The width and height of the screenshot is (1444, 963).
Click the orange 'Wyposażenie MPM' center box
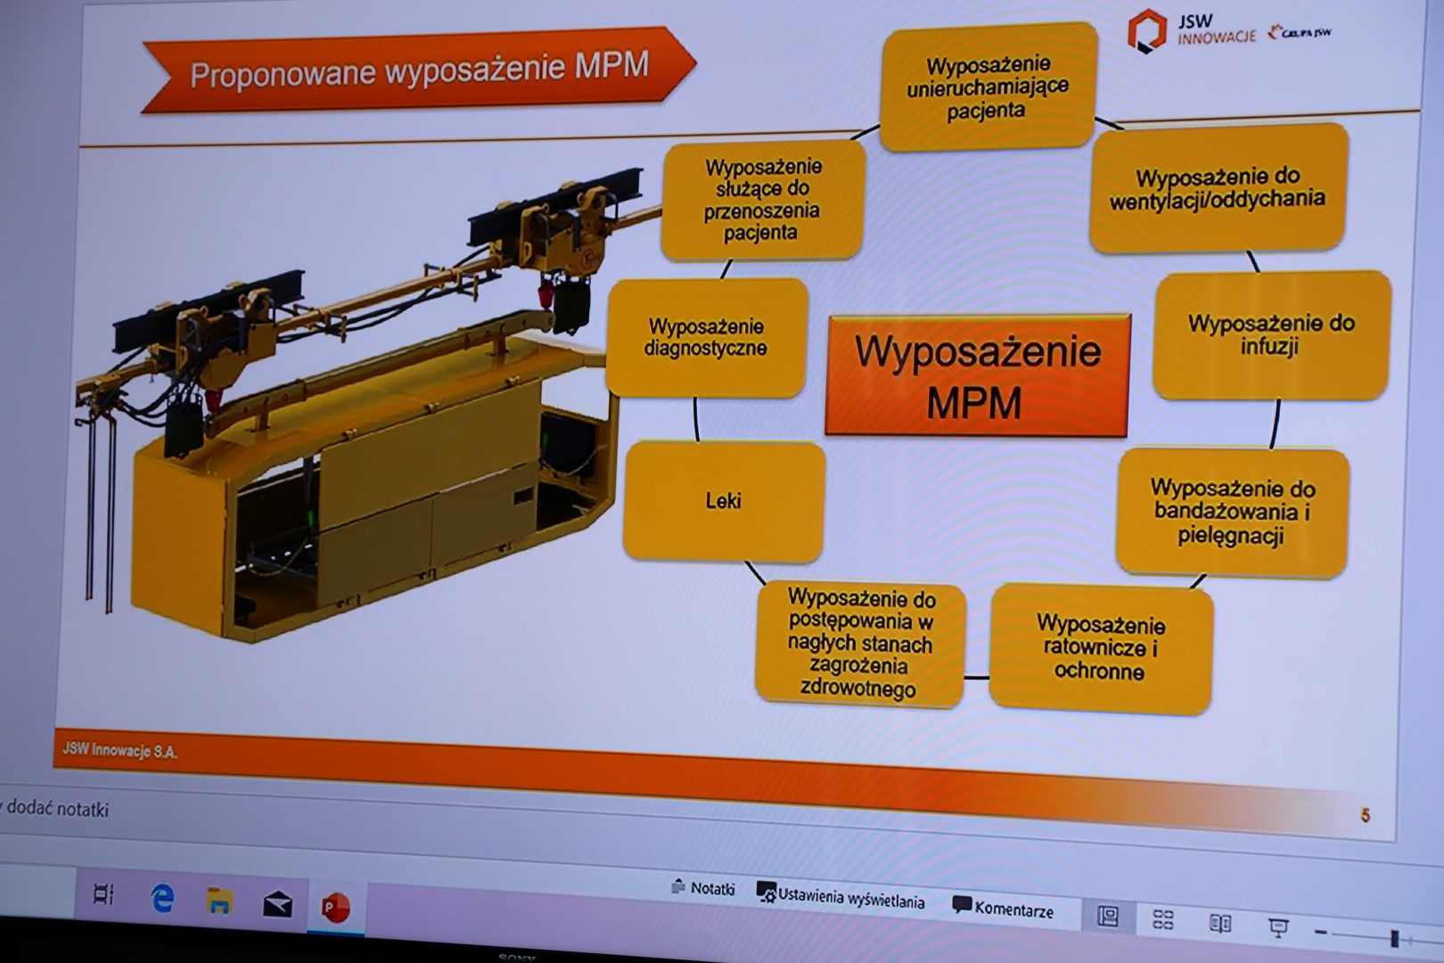click(x=977, y=375)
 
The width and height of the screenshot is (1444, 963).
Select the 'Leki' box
click(x=724, y=501)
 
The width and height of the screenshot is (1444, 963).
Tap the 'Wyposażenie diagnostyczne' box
click(x=707, y=337)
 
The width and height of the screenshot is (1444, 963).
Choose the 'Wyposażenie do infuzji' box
click(x=1271, y=334)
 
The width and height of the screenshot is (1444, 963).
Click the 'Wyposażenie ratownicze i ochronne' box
click(x=1101, y=649)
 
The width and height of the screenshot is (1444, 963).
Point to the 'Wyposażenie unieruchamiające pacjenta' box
click(x=989, y=87)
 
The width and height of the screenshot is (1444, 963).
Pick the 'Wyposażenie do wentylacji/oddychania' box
click(x=1218, y=188)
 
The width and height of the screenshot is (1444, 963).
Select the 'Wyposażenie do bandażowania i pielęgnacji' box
click(x=1233, y=512)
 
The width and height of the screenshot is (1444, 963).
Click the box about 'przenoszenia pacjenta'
click(x=763, y=200)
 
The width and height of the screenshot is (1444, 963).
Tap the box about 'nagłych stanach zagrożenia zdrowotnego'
click(x=860, y=643)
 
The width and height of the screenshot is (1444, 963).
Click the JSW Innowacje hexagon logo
click(x=1147, y=30)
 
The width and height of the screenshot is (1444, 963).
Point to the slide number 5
click(x=1366, y=815)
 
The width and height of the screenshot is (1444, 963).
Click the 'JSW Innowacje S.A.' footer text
click(x=120, y=751)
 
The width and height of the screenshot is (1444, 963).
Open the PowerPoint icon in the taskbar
click(x=336, y=908)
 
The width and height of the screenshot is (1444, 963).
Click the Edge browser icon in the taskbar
click(x=162, y=899)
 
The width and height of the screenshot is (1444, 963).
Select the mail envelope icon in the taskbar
click(x=278, y=904)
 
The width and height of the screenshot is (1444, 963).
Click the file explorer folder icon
click(x=219, y=901)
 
